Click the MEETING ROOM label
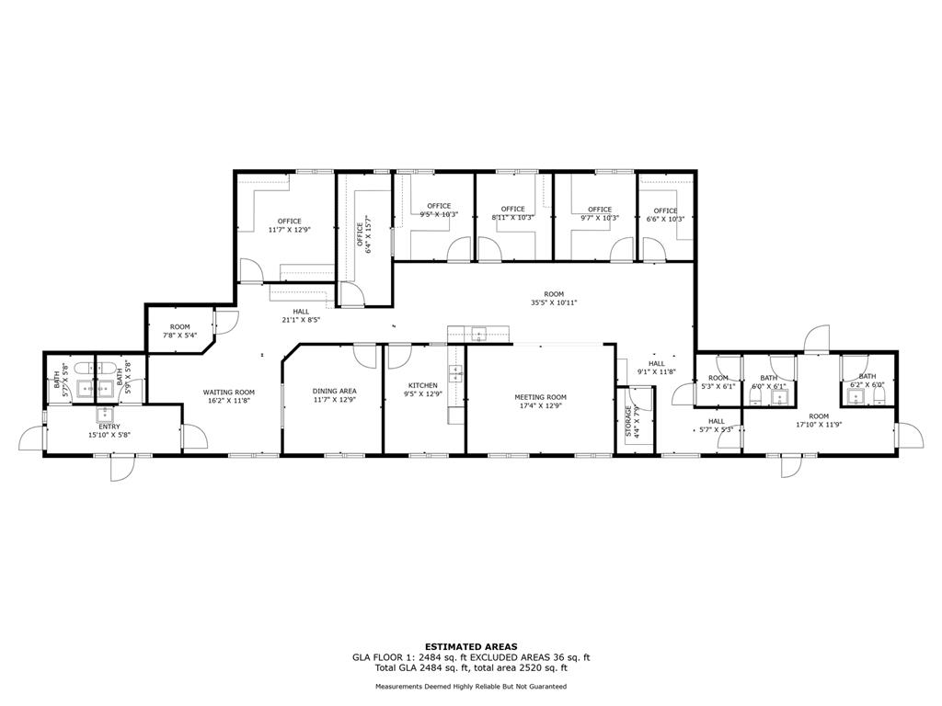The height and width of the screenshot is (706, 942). (x=540, y=397)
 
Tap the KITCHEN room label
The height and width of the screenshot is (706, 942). (x=422, y=385)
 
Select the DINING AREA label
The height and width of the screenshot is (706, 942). (x=334, y=391)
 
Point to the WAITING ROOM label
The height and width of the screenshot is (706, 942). (x=229, y=393)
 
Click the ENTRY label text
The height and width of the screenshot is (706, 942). (x=109, y=427)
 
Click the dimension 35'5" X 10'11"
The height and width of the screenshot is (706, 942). (x=553, y=302)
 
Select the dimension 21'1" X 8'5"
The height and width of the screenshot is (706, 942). (x=301, y=321)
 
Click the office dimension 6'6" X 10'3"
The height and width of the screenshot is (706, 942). (x=665, y=219)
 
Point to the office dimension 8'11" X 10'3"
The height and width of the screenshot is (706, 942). (x=512, y=218)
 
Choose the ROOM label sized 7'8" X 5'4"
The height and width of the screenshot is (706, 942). (x=179, y=327)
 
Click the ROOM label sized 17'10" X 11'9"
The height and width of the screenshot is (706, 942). (x=819, y=416)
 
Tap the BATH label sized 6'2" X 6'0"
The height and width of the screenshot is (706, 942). (x=867, y=376)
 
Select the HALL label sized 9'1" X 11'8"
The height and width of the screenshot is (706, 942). (x=656, y=363)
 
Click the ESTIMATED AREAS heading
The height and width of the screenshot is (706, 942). (x=470, y=646)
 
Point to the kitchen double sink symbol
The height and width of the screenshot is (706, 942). (x=454, y=372)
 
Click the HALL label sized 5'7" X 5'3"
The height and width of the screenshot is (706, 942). (x=717, y=421)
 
